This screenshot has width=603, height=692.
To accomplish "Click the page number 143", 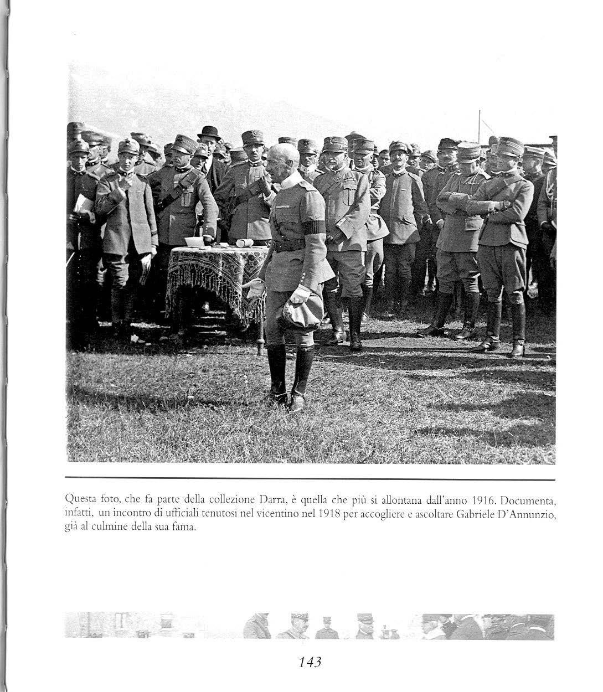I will point(310,661).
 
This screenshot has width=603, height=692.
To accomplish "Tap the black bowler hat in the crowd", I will point(209,132).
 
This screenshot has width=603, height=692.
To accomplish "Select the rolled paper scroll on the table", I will point(245,243).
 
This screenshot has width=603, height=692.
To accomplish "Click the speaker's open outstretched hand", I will point(252,287).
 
